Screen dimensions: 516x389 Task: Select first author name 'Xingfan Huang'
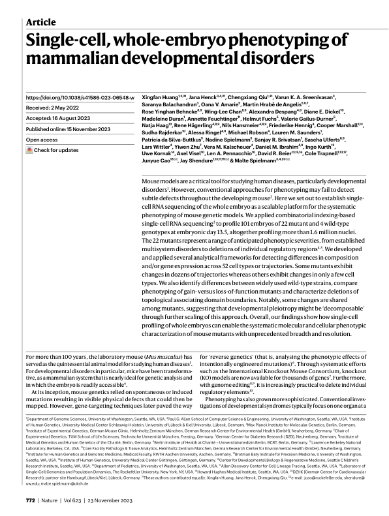161,97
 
